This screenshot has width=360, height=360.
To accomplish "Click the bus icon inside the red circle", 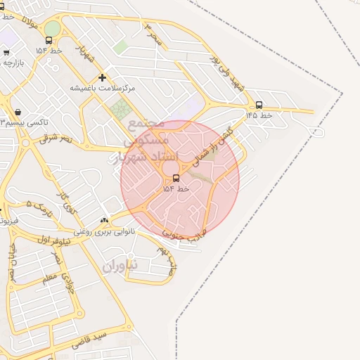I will click(x=176, y=178).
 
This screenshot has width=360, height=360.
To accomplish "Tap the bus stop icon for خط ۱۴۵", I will click(x=259, y=105).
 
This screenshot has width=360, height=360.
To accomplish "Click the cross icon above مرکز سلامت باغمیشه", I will click(x=103, y=77).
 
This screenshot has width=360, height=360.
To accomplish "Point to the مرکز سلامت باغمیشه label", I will click(x=102, y=89).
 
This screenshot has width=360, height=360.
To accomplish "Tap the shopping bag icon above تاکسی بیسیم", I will click(x=18, y=112).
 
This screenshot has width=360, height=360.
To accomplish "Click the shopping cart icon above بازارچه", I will click(x=6, y=52).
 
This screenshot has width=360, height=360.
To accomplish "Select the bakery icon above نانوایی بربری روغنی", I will click(x=105, y=221).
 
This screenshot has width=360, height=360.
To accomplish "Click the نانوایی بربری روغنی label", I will click(x=105, y=231).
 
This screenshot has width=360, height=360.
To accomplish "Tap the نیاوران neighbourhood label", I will click(x=121, y=266).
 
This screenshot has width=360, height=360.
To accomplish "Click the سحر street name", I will click(x=154, y=32).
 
